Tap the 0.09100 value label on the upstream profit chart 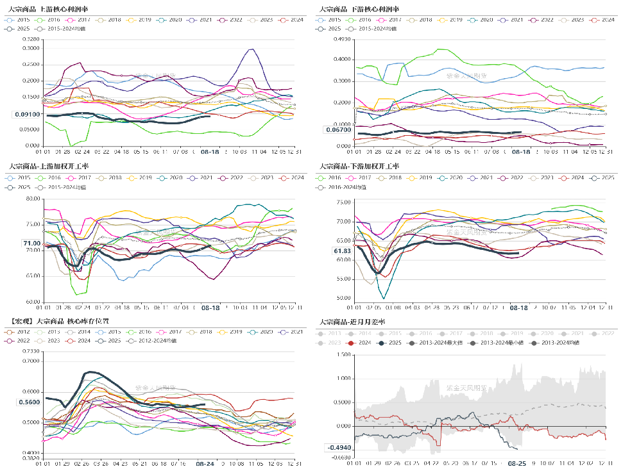[x=26, y=115]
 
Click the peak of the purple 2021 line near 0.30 [x=251, y=49]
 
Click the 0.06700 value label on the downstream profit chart [x=338, y=130]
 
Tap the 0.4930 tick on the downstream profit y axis [x=342, y=39]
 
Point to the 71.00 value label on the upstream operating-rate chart [x=31, y=243]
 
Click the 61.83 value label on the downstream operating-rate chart [x=342, y=251]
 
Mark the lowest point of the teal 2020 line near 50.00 [x=384, y=298]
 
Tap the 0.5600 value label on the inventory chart [x=28, y=402]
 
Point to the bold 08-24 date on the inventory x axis [x=205, y=463]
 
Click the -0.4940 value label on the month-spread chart [x=339, y=447]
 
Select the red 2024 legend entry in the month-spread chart [x=363, y=343]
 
